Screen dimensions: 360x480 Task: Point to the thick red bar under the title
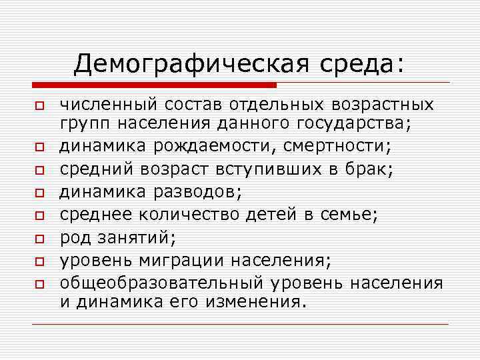(x=153, y=85)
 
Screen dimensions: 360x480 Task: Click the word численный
(x=108, y=105)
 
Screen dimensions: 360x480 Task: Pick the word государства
(x=353, y=123)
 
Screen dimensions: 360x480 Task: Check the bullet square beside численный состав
(x=40, y=106)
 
